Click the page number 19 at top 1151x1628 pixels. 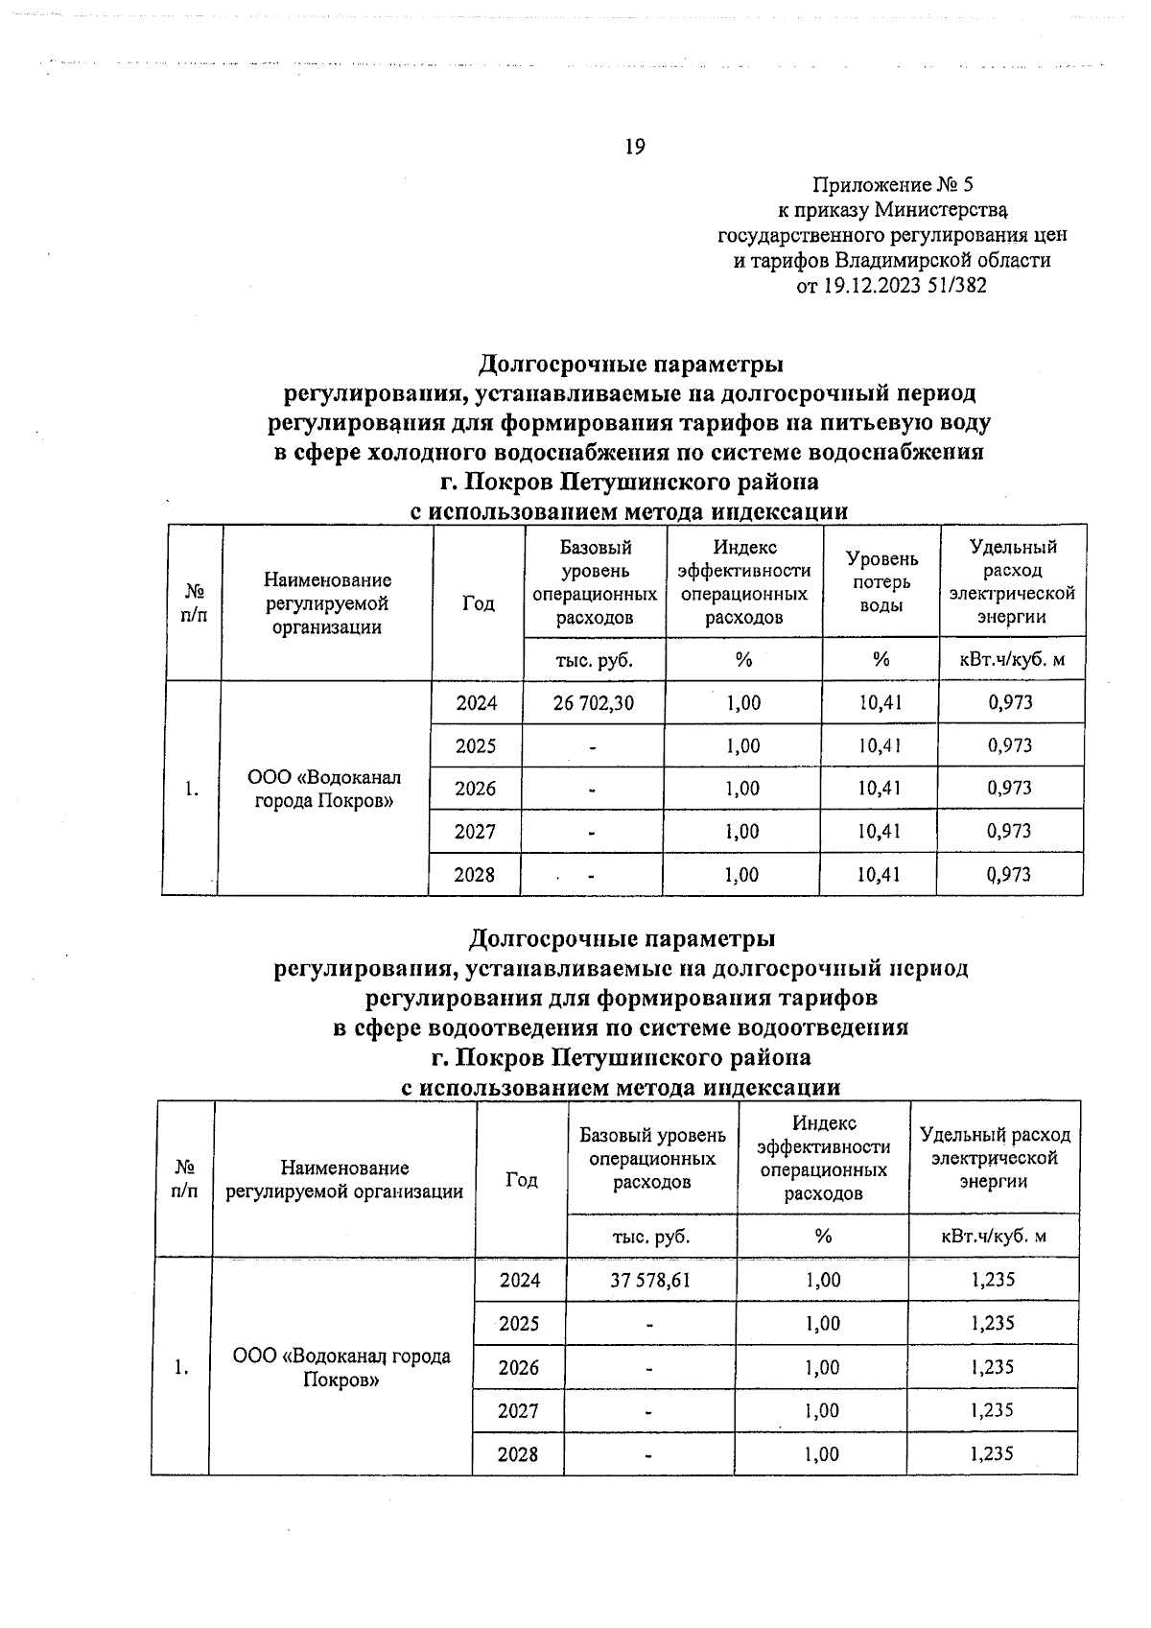tap(634, 147)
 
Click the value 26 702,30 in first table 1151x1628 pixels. tap(594, 703)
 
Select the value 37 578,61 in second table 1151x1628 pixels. tap(650, 1280)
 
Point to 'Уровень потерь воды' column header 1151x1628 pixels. tap(881, 582)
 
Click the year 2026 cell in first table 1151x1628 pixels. tap(476, 789)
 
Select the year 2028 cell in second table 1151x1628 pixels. tap(518, 1454)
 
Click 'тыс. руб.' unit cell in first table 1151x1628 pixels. tap(595, 660)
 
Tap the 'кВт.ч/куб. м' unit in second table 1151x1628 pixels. tap(993, 1237)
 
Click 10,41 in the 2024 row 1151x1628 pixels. tap(880, 703)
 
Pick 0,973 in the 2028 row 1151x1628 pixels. tap(1010, 875)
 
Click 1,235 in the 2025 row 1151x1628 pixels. tap(992, 1324)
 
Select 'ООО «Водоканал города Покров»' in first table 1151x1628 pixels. tap(324, 789)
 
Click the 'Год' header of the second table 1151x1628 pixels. tap(521, 1180)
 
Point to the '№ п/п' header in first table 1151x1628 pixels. tap(194, 603)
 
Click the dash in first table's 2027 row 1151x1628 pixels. tap(593, 833)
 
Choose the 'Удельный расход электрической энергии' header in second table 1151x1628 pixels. tap(994, 1158)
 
